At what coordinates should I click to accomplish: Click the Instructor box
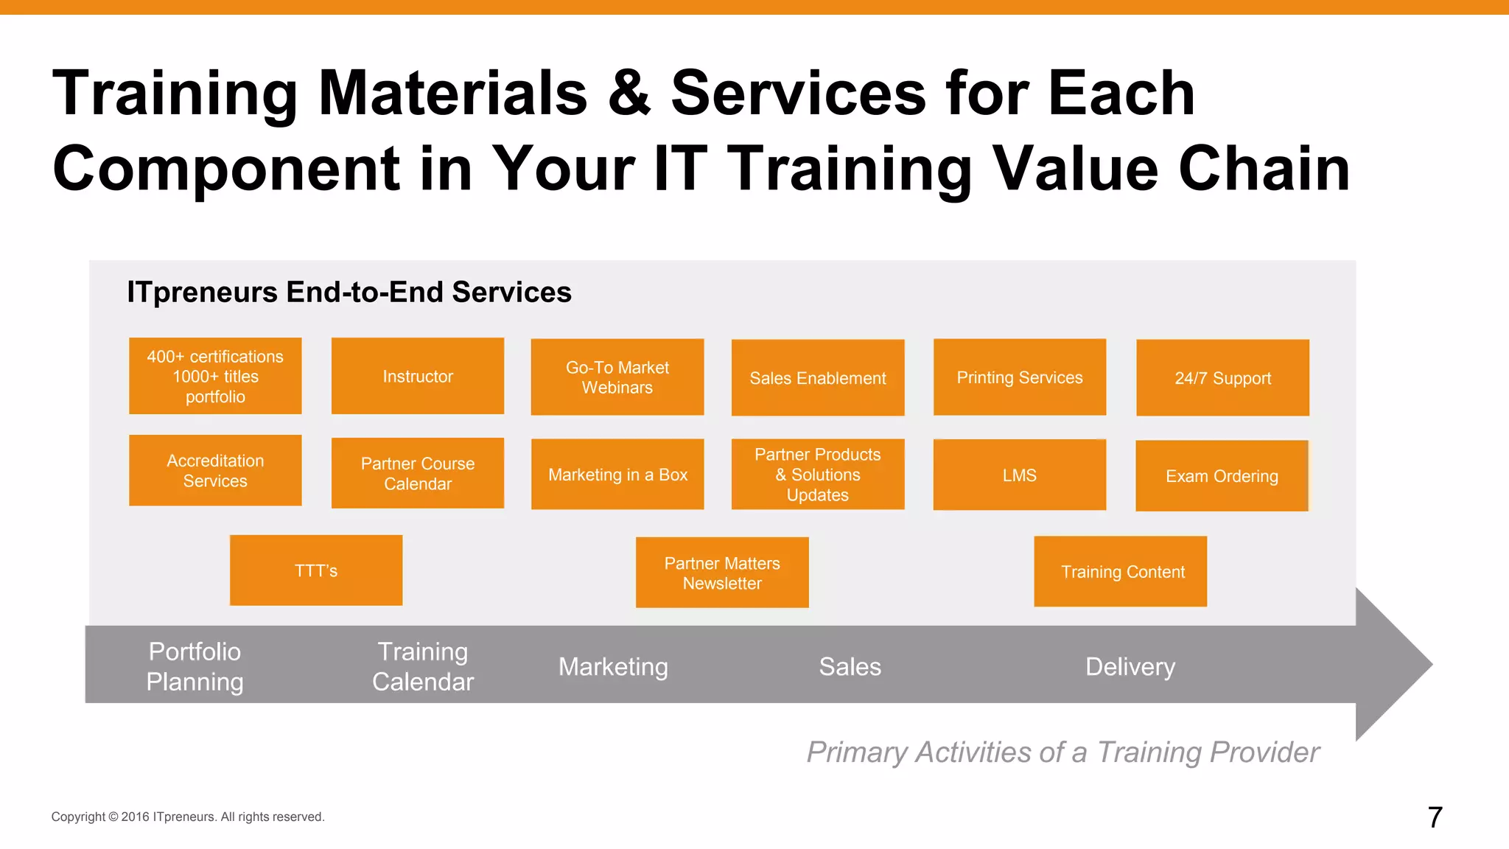tap(418, 376)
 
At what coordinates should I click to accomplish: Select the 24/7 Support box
tap(1222, 378)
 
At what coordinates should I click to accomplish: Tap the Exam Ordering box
tap(1222, 476)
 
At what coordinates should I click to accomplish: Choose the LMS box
tap(1019, 475)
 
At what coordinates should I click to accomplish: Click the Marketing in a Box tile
tap(617, 475)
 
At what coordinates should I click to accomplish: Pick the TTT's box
tap(316, 570)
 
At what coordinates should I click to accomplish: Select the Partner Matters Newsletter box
tap(722, 573)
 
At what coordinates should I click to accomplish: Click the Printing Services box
tap(1020, 377)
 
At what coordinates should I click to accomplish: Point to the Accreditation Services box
tap(215, 470)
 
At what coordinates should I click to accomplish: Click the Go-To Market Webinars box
tap(617, 377)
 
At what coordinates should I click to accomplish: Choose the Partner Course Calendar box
tap(418, 473)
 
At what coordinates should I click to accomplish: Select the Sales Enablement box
tap(818, 378)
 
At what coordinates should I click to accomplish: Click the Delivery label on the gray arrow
tap(1130, 666)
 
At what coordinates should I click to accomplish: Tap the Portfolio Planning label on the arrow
tap(195, 666)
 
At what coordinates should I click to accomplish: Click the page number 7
tap(1435, 817)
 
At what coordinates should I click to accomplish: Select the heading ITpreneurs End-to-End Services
tap(349, 292)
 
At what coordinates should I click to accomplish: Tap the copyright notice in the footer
tap(188, 817)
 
